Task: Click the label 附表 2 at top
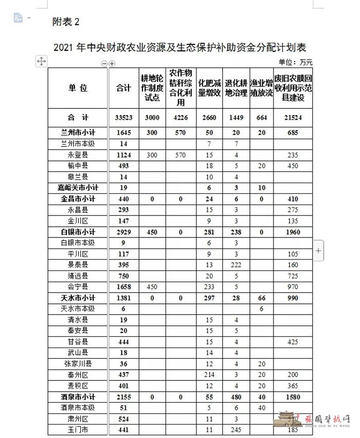[66, 22]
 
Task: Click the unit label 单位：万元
[295, 62]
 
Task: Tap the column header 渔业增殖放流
[261, 87]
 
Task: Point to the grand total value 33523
[123, 117]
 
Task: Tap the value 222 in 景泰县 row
[236, 265]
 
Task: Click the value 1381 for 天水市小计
[123, 298]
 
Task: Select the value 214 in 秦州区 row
[209, 375]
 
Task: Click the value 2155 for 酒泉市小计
[123, 397]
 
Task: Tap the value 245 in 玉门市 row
[236, 430]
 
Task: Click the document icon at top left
[19, 18]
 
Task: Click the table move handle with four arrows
[41, 62]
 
